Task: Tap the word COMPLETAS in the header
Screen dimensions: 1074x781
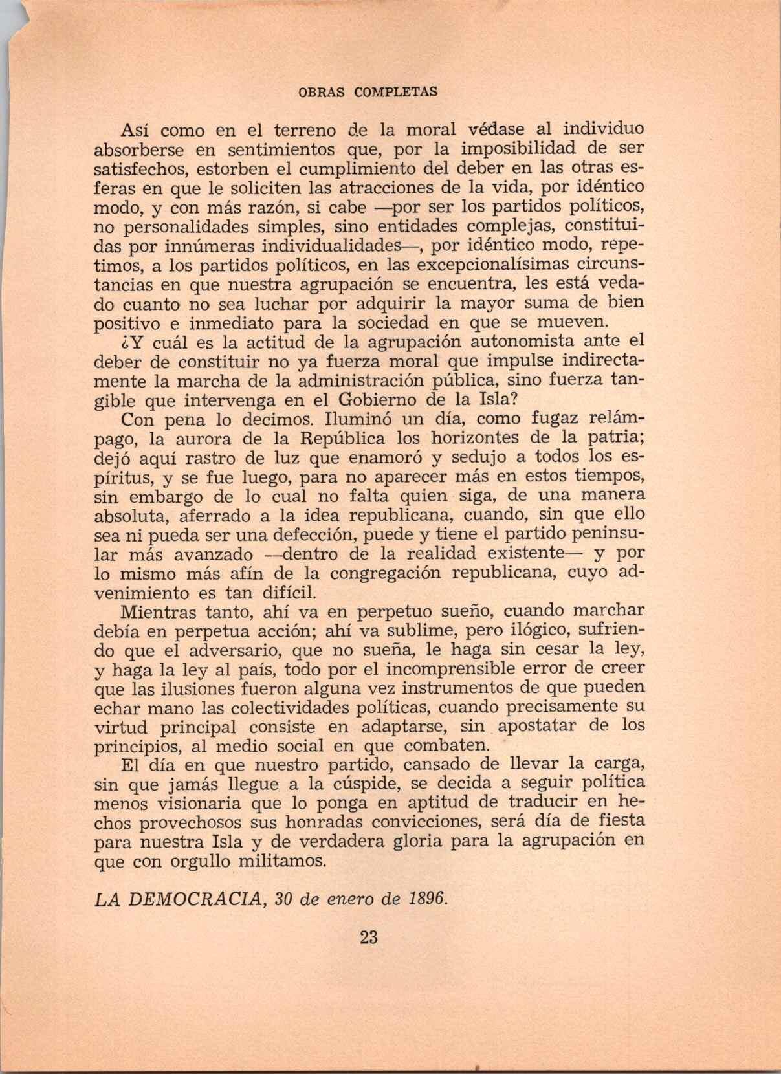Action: (x=395, y=92)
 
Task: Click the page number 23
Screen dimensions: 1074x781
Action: (x=368, y=937)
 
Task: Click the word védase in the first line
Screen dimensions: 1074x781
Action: (x=495, y=129)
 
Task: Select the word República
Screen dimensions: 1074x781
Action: (x=342, y=438)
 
